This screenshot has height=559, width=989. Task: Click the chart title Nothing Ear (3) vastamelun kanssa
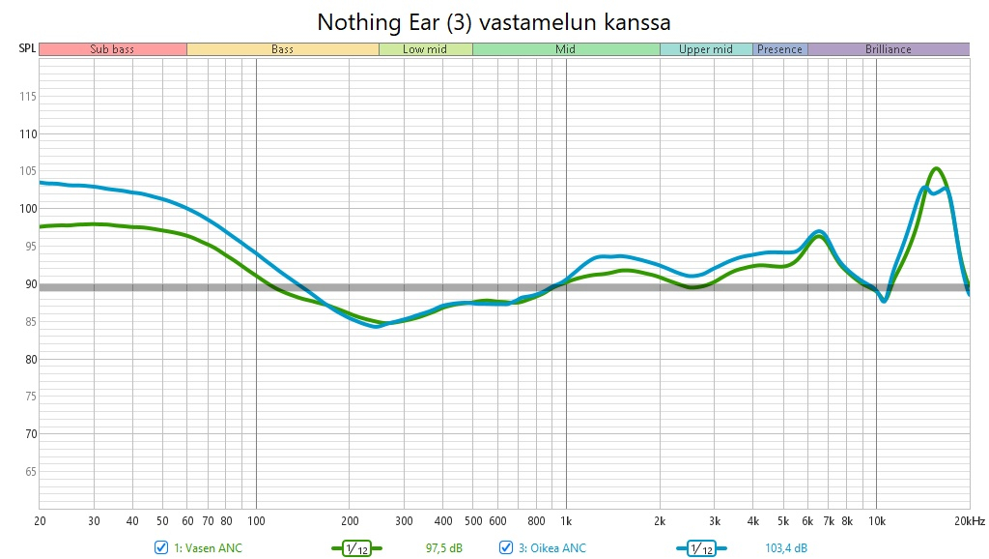[494, 21]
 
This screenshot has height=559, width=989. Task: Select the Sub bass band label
[112, 49]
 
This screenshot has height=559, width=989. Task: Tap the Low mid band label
[425, 49]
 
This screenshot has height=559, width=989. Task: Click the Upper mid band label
[706, 49]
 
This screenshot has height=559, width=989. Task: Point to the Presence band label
[780, 49]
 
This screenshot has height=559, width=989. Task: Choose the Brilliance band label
[888, 49]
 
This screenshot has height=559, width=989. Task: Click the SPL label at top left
[27, 48]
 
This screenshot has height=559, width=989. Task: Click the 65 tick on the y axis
[29, 471]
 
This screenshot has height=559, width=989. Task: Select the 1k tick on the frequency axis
[566, 520]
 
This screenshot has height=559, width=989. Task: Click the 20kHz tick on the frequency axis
[968, 520]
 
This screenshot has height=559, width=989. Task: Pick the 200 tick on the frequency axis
[350, 520]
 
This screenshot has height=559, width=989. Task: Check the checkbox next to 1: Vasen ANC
[161, 548]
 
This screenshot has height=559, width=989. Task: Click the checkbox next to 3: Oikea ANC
[506, 548]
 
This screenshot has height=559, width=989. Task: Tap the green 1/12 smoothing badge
[356, 548]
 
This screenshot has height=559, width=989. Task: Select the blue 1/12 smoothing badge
[701, 548]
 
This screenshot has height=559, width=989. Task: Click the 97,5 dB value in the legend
[444, 548]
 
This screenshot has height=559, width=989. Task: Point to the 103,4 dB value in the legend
[786, 548]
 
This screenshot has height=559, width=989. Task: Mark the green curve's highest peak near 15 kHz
[935, 168]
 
